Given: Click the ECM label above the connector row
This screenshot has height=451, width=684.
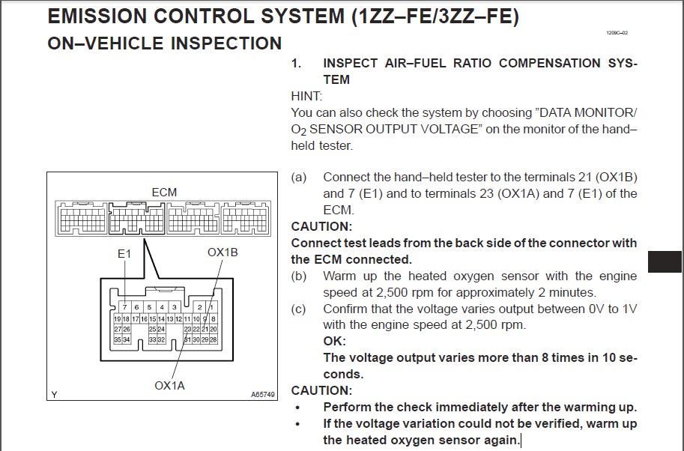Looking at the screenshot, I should (164, 193).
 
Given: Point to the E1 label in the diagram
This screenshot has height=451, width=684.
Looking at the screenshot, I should (124, 254).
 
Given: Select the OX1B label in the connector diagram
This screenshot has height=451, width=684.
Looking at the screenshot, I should (223, 252).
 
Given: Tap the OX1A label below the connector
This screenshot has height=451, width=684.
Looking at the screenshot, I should (169, 386).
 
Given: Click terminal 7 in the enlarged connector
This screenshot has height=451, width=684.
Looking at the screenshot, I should (124, 308).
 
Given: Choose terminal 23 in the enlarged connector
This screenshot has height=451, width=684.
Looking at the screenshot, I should (187, 329).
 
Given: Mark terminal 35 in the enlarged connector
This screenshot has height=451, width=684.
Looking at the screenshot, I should (117, 339).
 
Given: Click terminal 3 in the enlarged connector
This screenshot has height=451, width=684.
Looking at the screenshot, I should (174, 308).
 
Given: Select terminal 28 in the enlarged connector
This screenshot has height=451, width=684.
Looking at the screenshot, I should (213, 339).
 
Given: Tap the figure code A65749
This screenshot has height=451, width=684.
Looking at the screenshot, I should (263, 394).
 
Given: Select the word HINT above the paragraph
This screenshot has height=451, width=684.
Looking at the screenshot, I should (306, 96).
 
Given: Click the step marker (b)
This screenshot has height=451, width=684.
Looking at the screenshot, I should (299, 276).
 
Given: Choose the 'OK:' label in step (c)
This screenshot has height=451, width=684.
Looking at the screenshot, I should (334, 342).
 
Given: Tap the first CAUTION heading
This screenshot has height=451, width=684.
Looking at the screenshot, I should (321, 226).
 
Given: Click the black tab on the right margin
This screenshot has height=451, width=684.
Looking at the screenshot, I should (665, 261).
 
